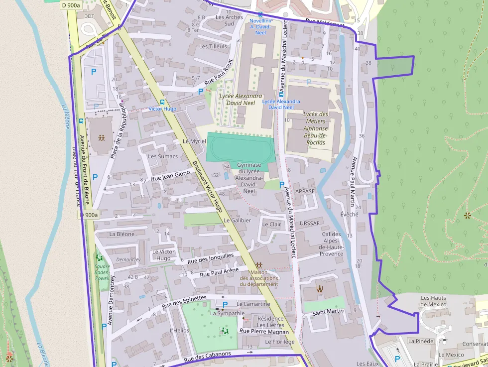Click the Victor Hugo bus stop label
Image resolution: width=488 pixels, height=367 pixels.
pos(162,109)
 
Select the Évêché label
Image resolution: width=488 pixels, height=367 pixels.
pos(349,214)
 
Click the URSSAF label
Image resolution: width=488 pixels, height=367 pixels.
pos(309,224)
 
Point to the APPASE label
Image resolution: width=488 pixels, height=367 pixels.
pos(305,191)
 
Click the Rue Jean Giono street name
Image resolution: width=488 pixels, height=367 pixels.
pos(170,175)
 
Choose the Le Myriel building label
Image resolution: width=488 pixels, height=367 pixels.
pos(194,141)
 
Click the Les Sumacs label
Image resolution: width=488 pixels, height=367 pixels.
pos(163,156)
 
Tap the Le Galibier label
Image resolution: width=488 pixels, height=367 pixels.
pos(238,220)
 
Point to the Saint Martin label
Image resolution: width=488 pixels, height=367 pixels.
pos(328,312)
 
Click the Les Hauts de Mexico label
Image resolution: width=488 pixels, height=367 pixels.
pos(434,301)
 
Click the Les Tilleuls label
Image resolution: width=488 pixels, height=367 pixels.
pos(213,46)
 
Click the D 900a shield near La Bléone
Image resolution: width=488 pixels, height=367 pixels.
pos(90,215)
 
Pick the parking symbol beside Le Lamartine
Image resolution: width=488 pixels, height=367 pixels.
pos(225,304)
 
